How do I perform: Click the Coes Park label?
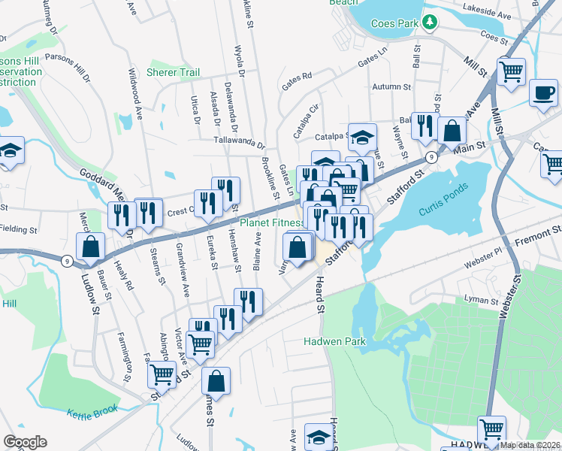coord(394,23)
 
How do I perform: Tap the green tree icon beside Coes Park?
coord(429,23)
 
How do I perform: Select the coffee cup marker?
coord(542,93)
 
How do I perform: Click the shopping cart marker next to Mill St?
coord(512,73)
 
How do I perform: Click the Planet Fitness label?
coord(271,222)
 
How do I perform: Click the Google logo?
coord(25,442)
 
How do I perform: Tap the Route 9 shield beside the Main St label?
coord(431,157)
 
